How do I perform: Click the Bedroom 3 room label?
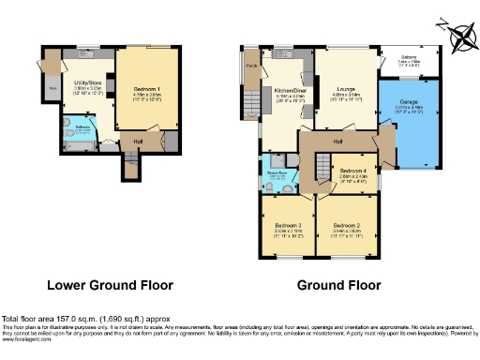[x=287, y=226]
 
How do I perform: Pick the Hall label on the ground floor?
[x=337, y=142]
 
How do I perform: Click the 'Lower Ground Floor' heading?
[x=110, y=285]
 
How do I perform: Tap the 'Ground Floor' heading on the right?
[x=339, y=285]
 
